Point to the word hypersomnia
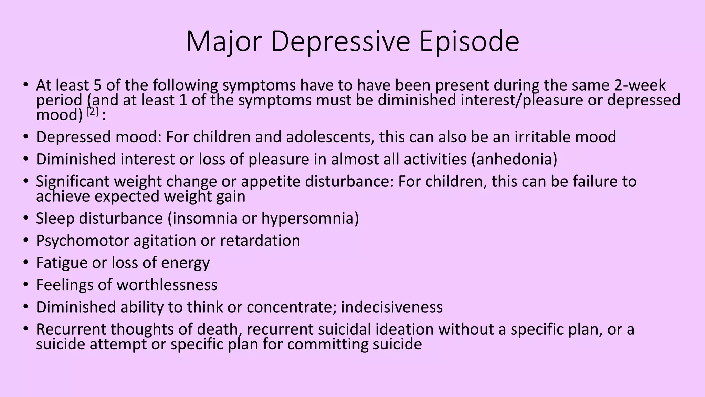pos(308,218)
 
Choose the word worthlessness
pos(167,285)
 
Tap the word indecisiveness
pos(392,307)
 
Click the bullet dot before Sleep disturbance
pos(26,218)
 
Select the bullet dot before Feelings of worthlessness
pos(26,285)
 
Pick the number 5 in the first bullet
pos(98,85)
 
